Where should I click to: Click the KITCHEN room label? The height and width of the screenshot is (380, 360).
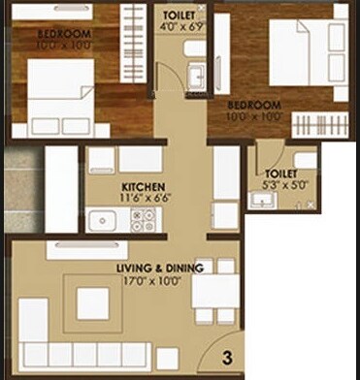tap(143, 185)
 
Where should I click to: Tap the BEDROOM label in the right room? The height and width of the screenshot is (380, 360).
tap(254, 105)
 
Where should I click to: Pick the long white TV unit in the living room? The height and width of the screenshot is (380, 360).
tap(86, 249)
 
